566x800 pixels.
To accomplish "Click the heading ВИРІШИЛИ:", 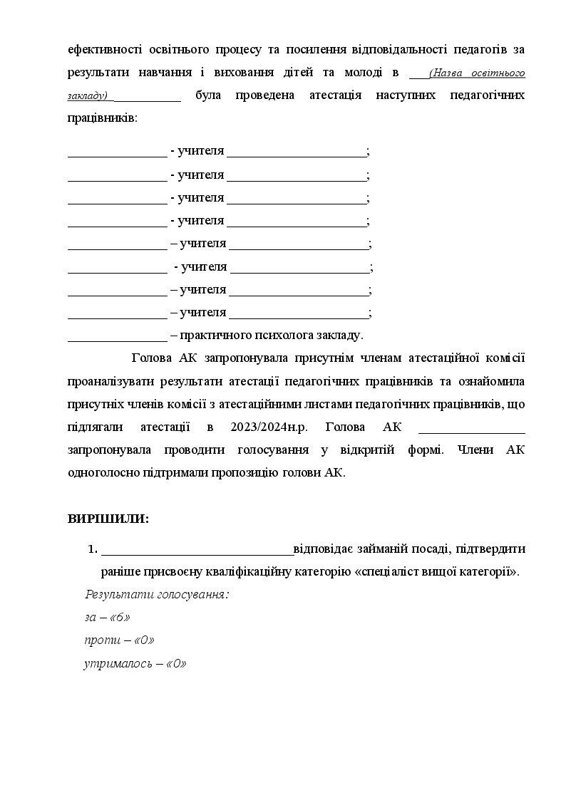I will [108, 519].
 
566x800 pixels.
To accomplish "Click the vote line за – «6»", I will [107, 617].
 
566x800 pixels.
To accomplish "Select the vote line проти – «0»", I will [119, 640].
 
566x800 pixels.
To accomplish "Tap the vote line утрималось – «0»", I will [135, 663].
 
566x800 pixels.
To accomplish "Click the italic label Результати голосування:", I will [157, 594].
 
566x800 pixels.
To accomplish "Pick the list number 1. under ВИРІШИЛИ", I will [92, 549].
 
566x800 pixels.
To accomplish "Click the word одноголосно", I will [104, 473].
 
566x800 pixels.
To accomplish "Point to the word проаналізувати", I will [110, 382].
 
